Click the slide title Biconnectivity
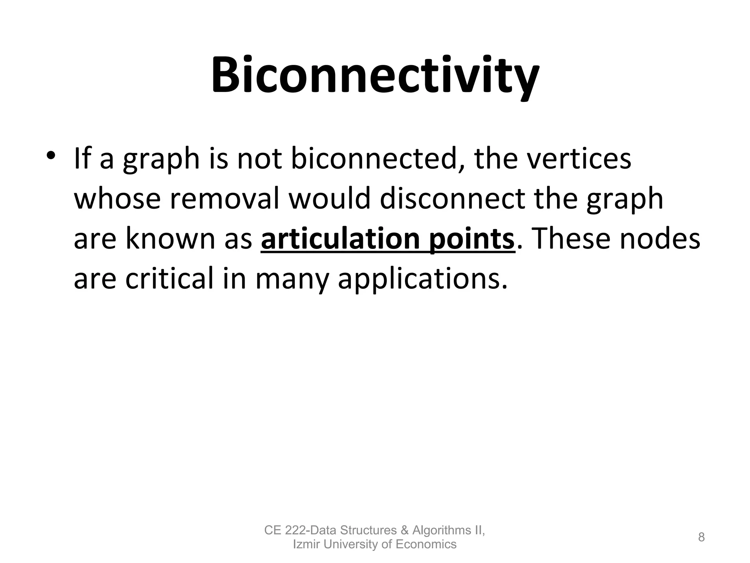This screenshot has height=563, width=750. point(375,75)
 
